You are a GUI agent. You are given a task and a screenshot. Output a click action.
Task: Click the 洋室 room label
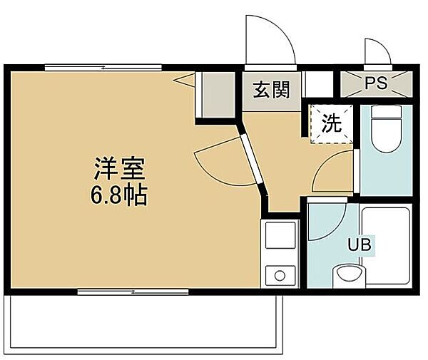pos(119,168)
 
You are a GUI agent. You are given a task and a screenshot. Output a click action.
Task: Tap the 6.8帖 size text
pos(119,195)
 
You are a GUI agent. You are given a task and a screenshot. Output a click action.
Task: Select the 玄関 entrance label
pos(271,90)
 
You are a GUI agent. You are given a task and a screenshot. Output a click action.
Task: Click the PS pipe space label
pos(377,83)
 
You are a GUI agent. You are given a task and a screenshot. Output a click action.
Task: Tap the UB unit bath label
pos(360,245)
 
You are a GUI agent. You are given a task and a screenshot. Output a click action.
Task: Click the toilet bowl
pos(386,135)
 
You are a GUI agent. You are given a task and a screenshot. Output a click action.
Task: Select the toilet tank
pos(387,112)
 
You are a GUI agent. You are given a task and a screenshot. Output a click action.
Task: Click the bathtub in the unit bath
pos(387,246)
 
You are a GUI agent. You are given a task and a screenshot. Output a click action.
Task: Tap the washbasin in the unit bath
pos(349,275)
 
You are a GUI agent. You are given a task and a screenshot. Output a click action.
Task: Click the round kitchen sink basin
pos(280,276)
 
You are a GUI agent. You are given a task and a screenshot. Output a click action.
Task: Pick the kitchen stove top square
pos(280,235)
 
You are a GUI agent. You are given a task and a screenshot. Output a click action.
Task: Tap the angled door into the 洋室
pos(251,159)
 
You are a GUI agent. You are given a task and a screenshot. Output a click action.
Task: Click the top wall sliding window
pos(103,67)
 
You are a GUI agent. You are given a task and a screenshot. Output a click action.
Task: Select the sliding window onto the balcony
pos(133,292)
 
